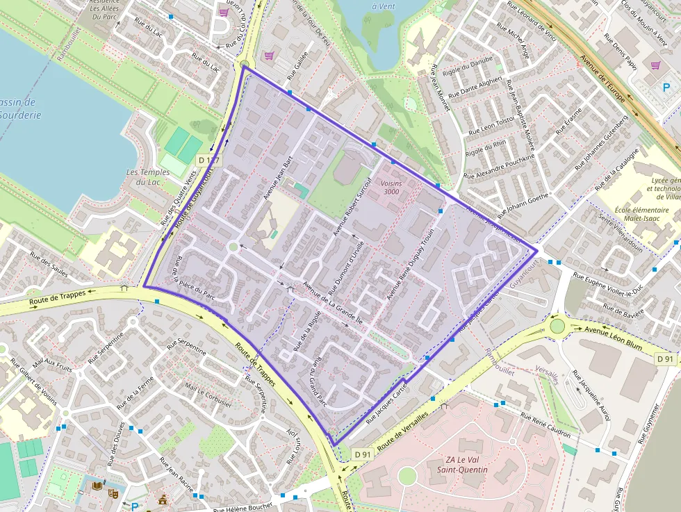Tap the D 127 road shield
click(x=208, y=160)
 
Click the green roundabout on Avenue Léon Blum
click(x=557, y=326)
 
